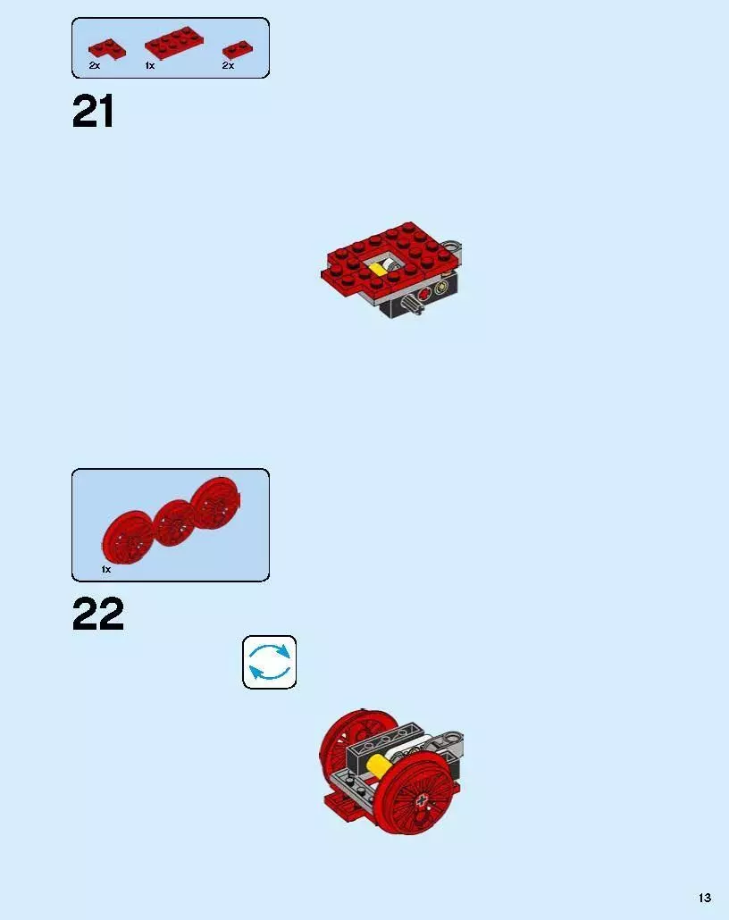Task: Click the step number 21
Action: pyautogui.click(x=93, y=113)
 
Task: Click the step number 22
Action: pyautogui.click(x=97, y=615)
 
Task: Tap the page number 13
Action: pyautogui.click(x=705, y=898)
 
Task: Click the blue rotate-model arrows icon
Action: pyautogui.click(x=269, y=662)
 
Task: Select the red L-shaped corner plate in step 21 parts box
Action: pyautogui.click(x=105, y=49)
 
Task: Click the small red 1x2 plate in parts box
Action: pyautogui.click(x=235, y=49)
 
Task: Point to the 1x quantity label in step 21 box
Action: pyautogui.click(x=150, y=66)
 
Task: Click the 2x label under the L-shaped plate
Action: pyautogui.click(x=94, y=66)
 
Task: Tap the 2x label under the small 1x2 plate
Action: pyautogui.click(x=228, y=66)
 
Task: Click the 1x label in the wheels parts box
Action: pyautogui.click(x=105, y=569)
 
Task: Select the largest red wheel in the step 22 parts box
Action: pyautogui.click(x=215, y=504)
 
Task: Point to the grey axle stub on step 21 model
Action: pyautogui.click(x=414, y=307)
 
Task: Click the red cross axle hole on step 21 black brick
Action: pyautogui.click(x=423, y=293)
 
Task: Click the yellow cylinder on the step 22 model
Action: pyautogui.click(x=378, y=766)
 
